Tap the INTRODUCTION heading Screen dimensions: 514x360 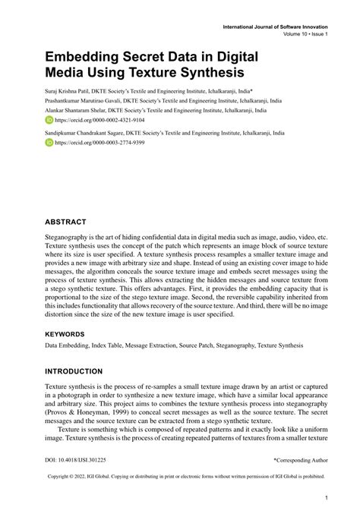tap(73, 371)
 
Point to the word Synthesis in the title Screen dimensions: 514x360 tap(205, 74)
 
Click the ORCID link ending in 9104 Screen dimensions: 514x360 tap(90, 120)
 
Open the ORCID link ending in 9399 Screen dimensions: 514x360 tap(90, 142)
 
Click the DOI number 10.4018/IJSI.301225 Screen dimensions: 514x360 tap(80, 460)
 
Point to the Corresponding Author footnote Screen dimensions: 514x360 tap(301, 460)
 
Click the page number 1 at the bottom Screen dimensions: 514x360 tap(325, 499)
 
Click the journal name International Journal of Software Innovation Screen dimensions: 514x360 tap(275, 27)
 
